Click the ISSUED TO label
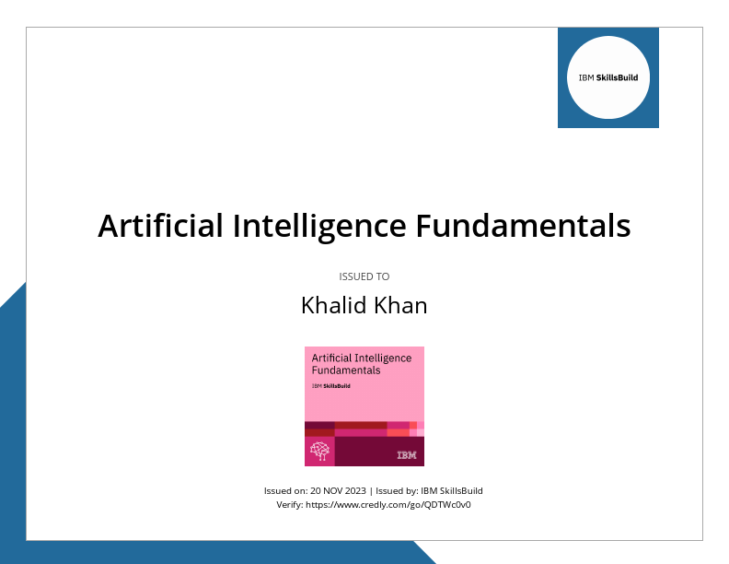point(364,276)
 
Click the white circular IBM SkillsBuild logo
point(608,77)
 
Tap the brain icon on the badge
point(319,452)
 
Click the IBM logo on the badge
point(406,455)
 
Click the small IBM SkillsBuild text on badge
point(330,386)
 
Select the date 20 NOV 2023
point(338,491)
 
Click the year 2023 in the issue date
point(355,491)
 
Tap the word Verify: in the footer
point(290,505)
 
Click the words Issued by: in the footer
point(397,491)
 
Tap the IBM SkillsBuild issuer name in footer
point(452,491)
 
